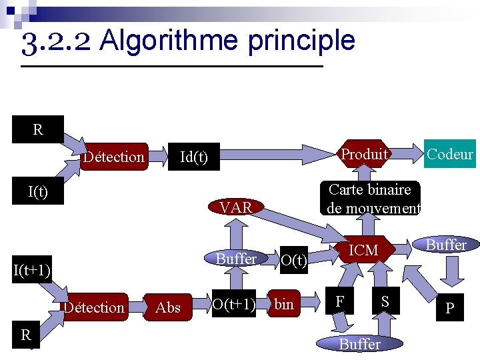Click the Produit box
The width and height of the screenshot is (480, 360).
(x=364, y=155)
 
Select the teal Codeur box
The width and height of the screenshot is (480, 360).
(x=450, y=155)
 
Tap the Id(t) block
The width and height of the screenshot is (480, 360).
(x=193, y=157)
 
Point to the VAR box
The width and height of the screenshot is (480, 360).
(x=236, y=207)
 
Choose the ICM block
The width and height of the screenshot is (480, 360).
(x=363, y=250)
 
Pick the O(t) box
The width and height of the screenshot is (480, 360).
(x=293, y=259)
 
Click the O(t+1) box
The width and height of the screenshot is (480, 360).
(x=233, y=305)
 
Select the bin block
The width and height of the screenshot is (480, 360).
(x=284, y=305)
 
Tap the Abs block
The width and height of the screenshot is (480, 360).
(x=167, y=307)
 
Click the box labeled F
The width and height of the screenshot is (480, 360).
(x=340, y=301)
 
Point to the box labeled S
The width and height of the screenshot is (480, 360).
(x=385, y=301)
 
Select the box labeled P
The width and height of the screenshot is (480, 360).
(x=450, y=308)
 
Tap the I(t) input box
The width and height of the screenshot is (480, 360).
(x=37, y=192)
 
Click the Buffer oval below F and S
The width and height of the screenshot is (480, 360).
(x=360, y=343)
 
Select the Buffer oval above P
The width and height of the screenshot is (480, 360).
(x=446, y=245)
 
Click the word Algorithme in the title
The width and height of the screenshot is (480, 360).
(x=171, y=41)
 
